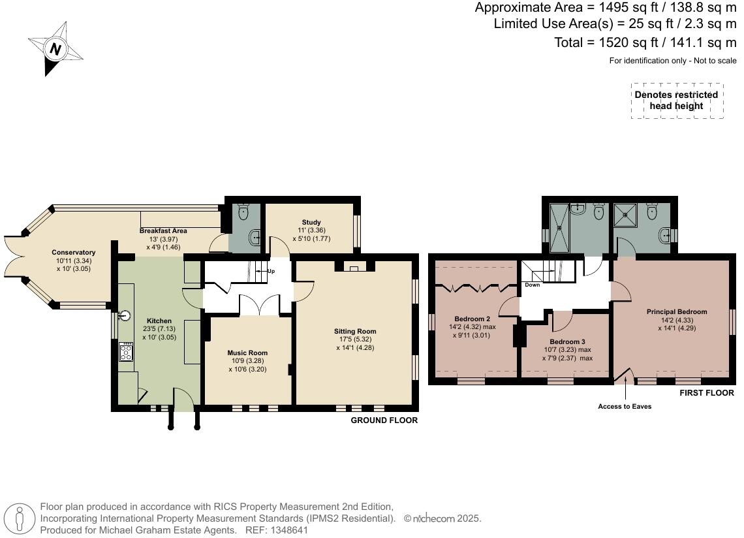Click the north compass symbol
click(55, 48)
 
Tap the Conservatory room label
click(74, 253)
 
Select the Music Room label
click(247, 353)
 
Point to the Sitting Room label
click(355, 331)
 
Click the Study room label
click(311, 223)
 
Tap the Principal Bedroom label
click(677, 311)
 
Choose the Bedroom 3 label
click(567, 341)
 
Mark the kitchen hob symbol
click(126, 353)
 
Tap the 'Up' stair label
click(271, 270)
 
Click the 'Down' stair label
click(532, 285)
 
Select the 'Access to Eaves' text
click(625, 406)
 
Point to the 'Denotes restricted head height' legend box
click(676, 101)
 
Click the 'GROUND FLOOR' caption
click(384, 420)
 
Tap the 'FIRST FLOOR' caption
click(707, 393)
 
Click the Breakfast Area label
click(163, 230)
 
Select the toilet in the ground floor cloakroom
click(244, 212)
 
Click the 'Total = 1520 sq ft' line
click(645, 42)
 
